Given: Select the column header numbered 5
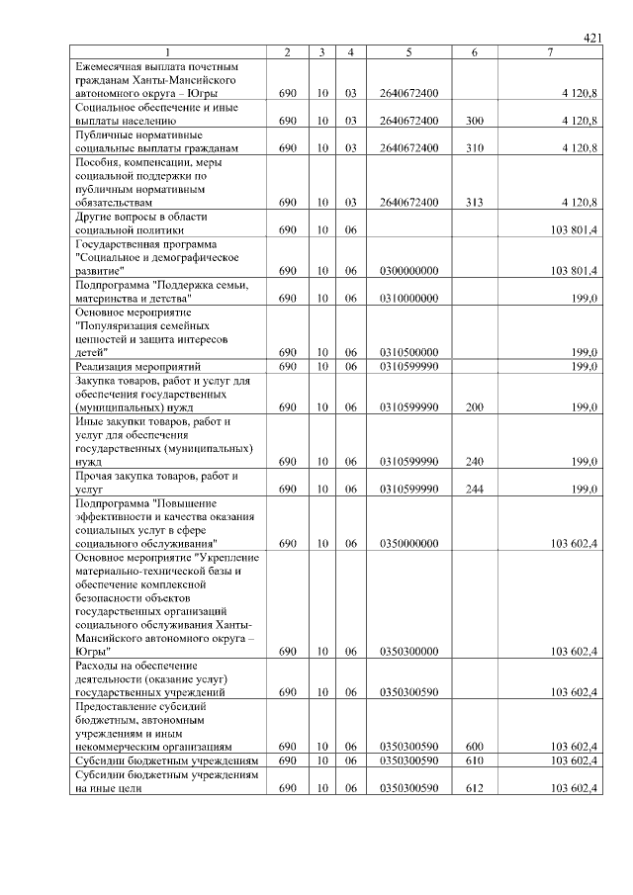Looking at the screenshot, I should pyautogui.click(x=407, y=51).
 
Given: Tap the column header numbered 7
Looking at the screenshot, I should pyautogui.click(x=550, y=51).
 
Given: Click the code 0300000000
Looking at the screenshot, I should pyautogui.click(x=408, y=270).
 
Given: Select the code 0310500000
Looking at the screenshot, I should pyautogui.click(x=408, y=351).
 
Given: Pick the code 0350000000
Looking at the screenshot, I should pyautogui.click(x=408, y=543).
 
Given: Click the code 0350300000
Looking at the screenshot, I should pyautogui.click(x=408, y=652).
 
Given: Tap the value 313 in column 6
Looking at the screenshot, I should pyautogui.click(x=475, y=202).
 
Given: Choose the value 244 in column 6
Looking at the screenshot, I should pyautogui.click(x=475, y=489).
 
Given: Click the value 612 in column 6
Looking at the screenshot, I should pyautogui.click(x=475, y=788).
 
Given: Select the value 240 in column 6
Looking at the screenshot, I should pyautogui.click(x=475, y=461).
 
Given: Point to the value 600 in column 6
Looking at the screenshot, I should pyautogui.click(x=475, y=747).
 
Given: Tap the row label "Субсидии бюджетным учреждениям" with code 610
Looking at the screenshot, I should pyautogui.click(x=166, y=761).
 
